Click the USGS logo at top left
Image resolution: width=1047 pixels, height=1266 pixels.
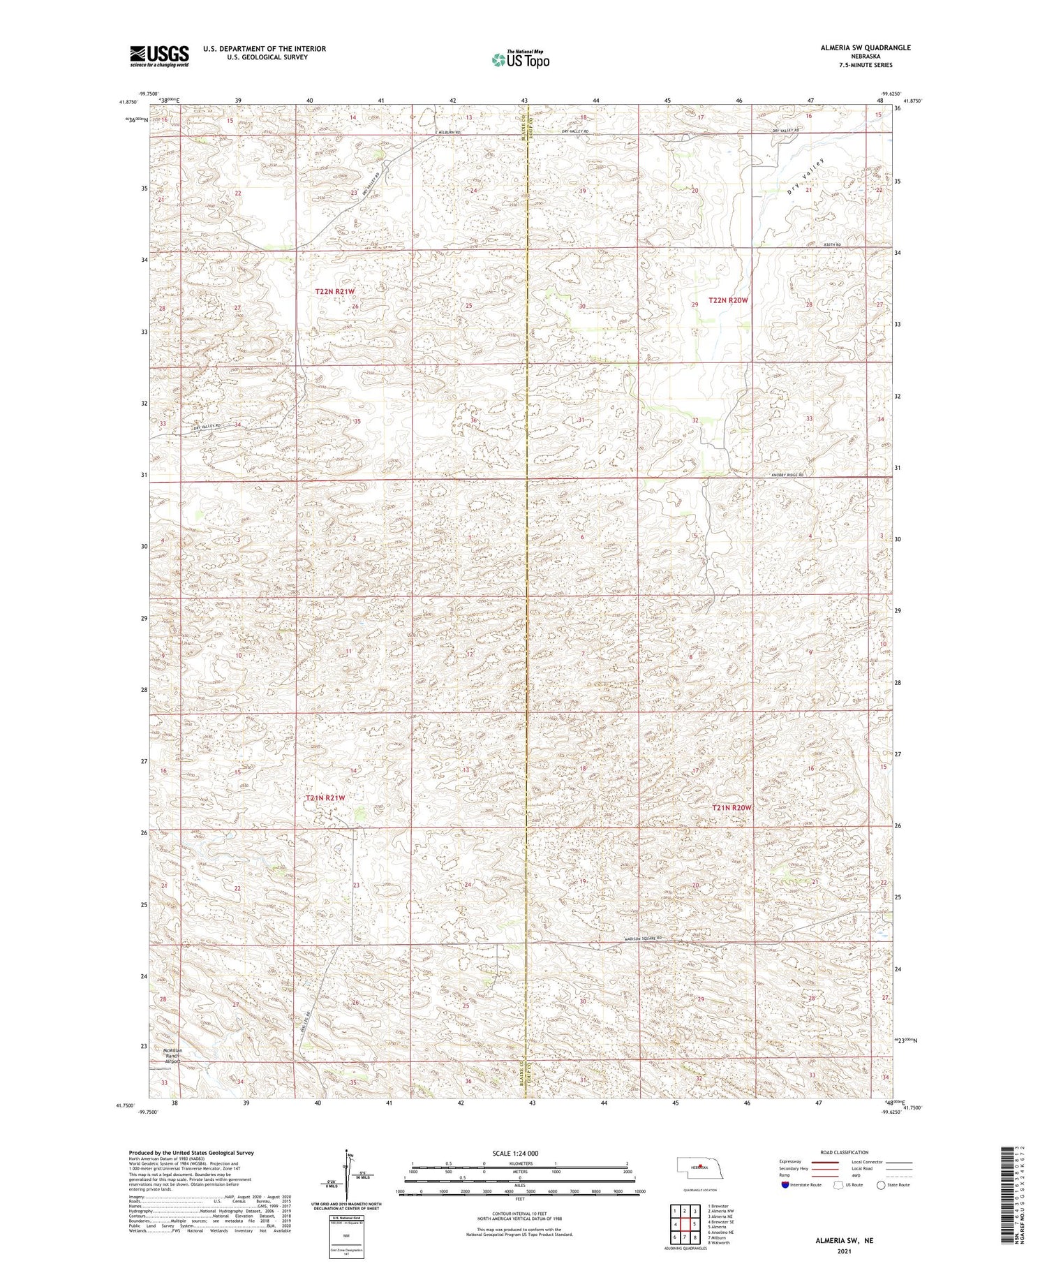(x=159, y=56)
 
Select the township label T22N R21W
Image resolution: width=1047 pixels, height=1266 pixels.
(x=335, y=291)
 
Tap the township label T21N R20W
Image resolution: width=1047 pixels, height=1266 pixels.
(x=732, y=808)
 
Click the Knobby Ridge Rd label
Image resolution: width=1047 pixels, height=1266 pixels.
(x=787, y=476)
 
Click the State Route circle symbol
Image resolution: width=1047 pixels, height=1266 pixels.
(x=881, y=1185)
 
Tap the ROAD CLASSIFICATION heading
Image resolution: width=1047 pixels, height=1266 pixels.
(x=845, y=1153)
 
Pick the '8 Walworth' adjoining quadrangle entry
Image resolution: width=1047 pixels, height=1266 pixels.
(x=719, y=1243)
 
